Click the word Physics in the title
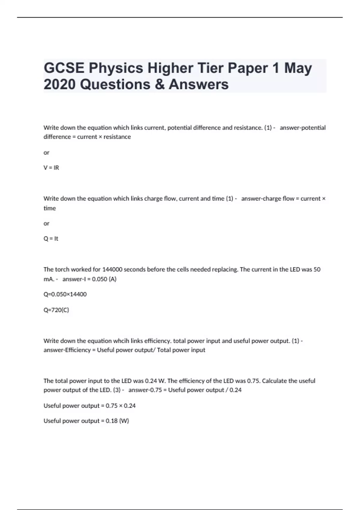(x=115, y=68)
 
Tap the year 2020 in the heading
(x=59, y=84)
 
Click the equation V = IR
(x=51, y=168)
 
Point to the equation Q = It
(x=51, y=239)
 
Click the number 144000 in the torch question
(x=112, y=269)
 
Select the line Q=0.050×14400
(x=65, y=294)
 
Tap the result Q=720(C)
(x=56, y=310)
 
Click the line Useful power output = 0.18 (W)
(x=86, y=421)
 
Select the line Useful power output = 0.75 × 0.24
(x=89, y=406)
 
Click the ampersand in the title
(x=160, y=84)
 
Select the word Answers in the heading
(x=199, y=84)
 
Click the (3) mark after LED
(x=117, y=390)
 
